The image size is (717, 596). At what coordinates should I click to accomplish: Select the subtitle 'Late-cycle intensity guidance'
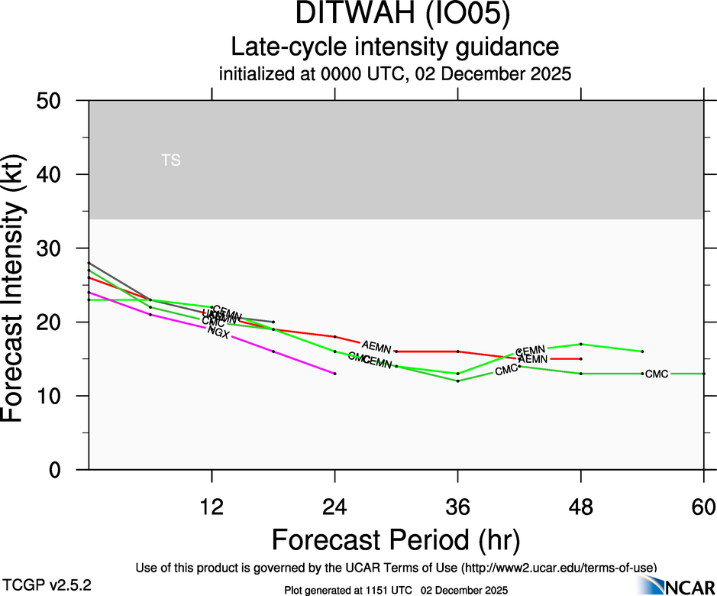tap(396, 47)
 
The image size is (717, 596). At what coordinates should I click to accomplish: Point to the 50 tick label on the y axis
tap(53, 101)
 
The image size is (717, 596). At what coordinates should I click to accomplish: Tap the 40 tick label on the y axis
tap(53, 175)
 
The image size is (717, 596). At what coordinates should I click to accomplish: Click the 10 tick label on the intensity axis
tap(53, 396)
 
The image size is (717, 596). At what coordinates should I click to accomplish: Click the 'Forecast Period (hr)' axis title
tap(396, 540)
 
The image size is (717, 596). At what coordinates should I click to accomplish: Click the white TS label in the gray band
tap(171, 160)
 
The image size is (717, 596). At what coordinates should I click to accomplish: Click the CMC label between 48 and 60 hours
tap(657, 374)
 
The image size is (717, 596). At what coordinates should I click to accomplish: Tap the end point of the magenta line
tap(334, 374)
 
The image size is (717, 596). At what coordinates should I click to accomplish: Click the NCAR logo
tap(678, 585)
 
